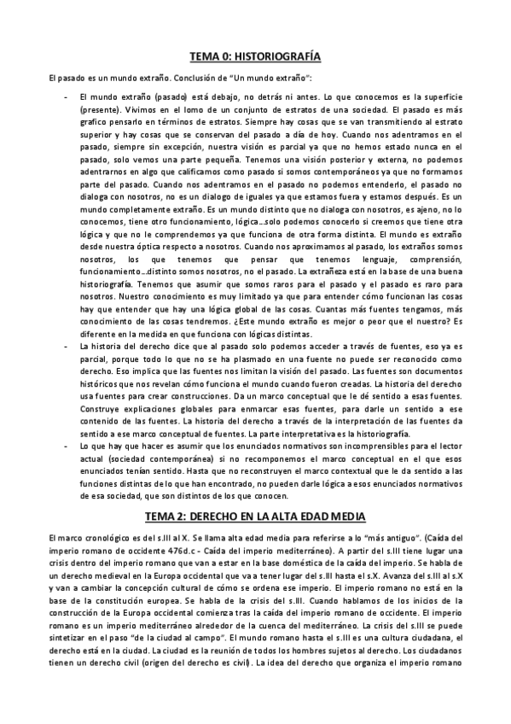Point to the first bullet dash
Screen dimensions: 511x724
coord(67,98)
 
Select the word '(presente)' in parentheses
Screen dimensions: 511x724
coord(103,110)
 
